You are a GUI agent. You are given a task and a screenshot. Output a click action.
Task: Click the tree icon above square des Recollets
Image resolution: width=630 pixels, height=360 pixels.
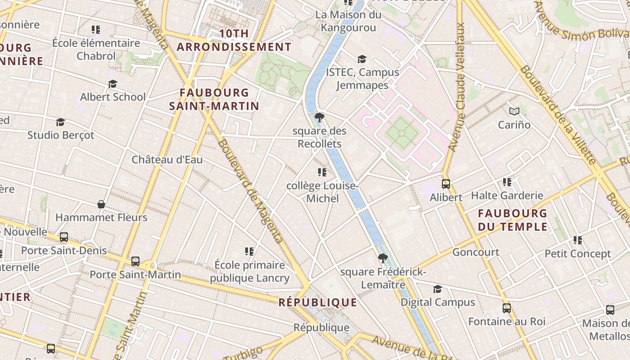click(319, 118)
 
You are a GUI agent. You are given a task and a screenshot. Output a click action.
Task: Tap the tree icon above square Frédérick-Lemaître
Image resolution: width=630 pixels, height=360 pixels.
click(383, 258)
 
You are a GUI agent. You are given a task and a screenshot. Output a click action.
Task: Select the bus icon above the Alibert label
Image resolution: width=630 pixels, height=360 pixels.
click(446, 184)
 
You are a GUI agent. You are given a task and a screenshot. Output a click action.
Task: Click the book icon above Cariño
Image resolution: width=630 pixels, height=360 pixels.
click(514, 111)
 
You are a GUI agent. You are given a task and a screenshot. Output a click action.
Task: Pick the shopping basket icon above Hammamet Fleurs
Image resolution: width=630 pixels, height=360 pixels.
click(101, 204)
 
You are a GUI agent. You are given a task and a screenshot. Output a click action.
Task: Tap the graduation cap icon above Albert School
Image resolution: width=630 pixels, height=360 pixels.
click(112, 84)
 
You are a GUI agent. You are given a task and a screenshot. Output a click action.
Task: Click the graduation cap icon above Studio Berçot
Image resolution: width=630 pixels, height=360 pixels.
click(60, 122)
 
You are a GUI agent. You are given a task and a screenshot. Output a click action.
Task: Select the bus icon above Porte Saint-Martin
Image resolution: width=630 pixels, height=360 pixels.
click(135, 261)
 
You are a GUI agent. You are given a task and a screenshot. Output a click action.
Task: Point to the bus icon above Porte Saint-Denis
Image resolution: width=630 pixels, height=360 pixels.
click(64, 237)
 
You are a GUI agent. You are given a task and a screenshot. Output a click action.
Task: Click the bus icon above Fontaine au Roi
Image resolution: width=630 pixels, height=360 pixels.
click(507, 308)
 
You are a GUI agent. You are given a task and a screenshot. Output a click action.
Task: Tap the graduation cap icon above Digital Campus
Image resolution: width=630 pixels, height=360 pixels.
click(437, 289)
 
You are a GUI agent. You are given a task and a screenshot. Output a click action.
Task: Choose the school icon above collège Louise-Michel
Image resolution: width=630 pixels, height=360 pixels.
click(322, 172)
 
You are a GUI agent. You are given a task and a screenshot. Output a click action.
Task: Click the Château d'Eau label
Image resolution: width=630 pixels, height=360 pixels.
click(167, 160)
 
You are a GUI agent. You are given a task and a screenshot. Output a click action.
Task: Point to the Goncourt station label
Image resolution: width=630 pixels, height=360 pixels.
click(476, 252)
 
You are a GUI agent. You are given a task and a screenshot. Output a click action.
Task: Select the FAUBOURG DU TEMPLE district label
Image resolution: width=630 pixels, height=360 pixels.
click(513, 220)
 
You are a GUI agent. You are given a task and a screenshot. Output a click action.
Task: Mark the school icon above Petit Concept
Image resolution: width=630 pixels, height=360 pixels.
click(578, 240)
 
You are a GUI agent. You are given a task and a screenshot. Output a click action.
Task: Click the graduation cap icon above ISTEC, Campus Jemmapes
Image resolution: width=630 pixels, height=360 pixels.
click(362, 59)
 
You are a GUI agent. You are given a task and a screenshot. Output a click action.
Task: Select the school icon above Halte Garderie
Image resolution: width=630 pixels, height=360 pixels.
click(507, 182)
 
